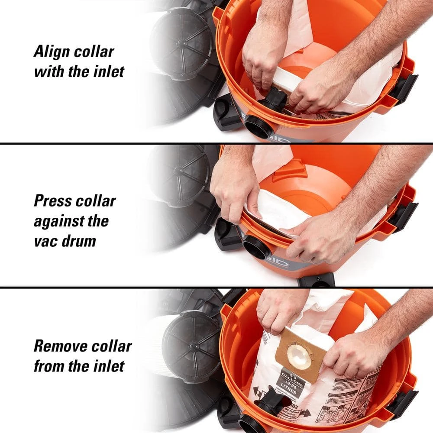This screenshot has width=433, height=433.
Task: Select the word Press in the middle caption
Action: [x=53, y=201]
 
